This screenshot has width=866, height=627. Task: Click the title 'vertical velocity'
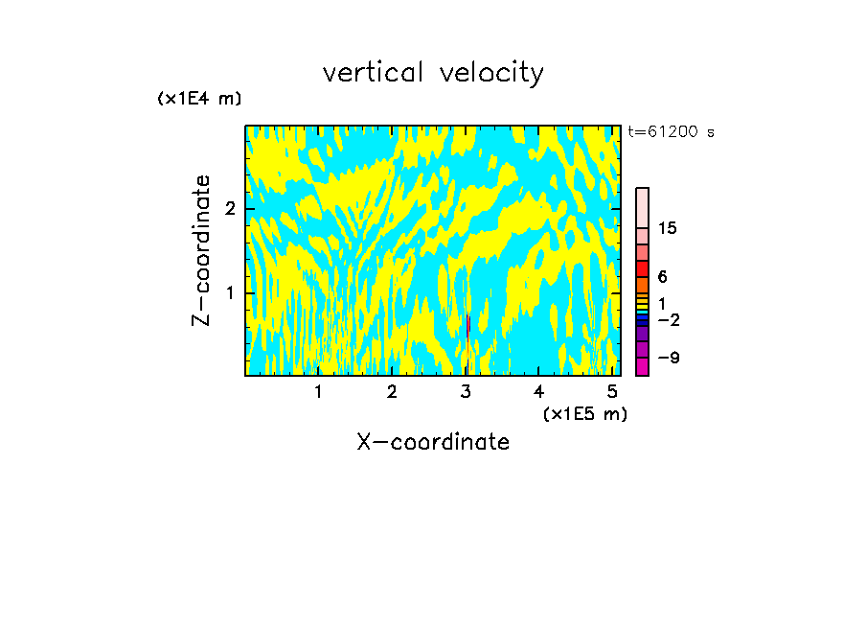coord(433,73)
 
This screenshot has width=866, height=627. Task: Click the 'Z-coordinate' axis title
coord(201,250)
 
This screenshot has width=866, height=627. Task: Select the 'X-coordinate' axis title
coord(433,442)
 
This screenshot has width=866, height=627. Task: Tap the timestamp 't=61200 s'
coord(671,132)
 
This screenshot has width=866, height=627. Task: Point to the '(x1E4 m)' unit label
coord(199,99)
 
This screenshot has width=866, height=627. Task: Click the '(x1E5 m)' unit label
coord(584,413)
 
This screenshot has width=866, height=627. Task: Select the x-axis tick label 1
coord(318,391)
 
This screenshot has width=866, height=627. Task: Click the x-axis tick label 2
coord(392,391)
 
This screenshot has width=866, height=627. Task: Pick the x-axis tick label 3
coord(466,391)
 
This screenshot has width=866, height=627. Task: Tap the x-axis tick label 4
coord(539,391)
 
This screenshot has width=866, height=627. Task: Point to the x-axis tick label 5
coord(612,391)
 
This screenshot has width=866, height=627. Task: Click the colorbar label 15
coord(668,228)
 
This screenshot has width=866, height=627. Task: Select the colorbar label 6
coord(662,277)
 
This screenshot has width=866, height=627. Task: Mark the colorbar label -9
coord(668,359)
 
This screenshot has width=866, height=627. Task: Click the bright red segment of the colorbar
coord(642,268)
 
